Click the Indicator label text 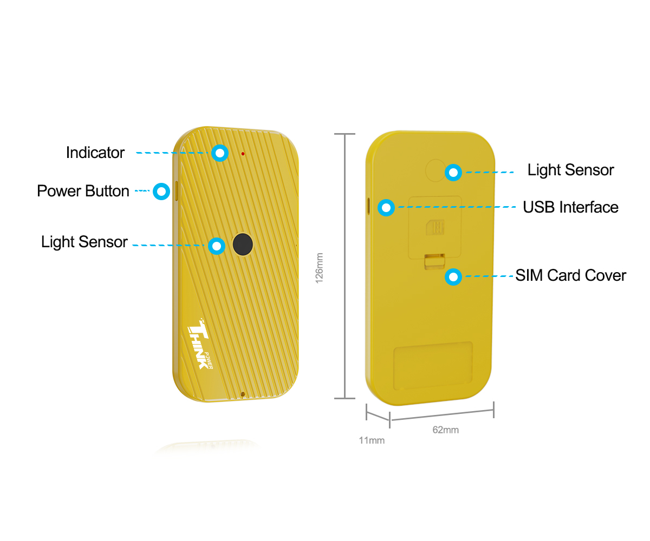click(x=95, y=153)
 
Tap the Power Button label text click(x=83, y=190)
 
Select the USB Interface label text click(x=570, y=207)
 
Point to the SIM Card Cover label click(x=570, y=275)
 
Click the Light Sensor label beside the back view click(x=570, y=170)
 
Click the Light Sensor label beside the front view click(x=84, y=242)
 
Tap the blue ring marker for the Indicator click(x=220, y=153)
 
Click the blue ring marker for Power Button click(x=161, y=191)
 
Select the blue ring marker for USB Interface click(x=386, y=207)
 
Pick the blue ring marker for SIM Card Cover click(x=453, y=276)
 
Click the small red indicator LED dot click(x=243, y=154)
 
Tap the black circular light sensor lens click(x=243, y=244)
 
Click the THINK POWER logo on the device click(x=200, y=344)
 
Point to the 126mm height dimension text click(x=320, y=268)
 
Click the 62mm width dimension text click(x=445, y=430)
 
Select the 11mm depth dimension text click(x=372, y=440)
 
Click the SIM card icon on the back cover click(x=435, y=227)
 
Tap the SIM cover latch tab click(x=434, y=261)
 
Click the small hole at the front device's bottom click(x=243, y=394)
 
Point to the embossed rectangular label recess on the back click(x=433, y=366)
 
